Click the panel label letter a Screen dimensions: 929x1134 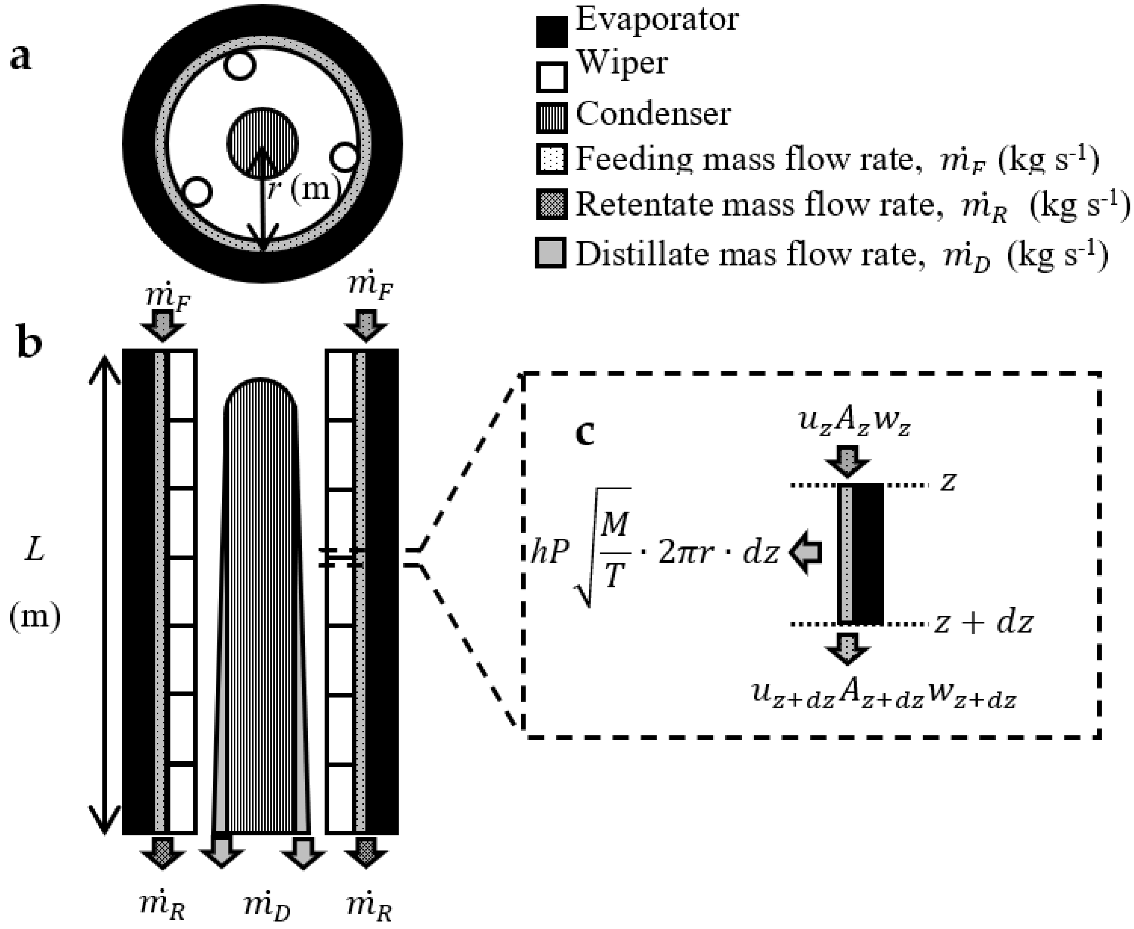21,58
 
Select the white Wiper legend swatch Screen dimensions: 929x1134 551,77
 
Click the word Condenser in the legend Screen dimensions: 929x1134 653,114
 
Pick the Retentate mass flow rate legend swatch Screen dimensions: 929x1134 551,205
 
